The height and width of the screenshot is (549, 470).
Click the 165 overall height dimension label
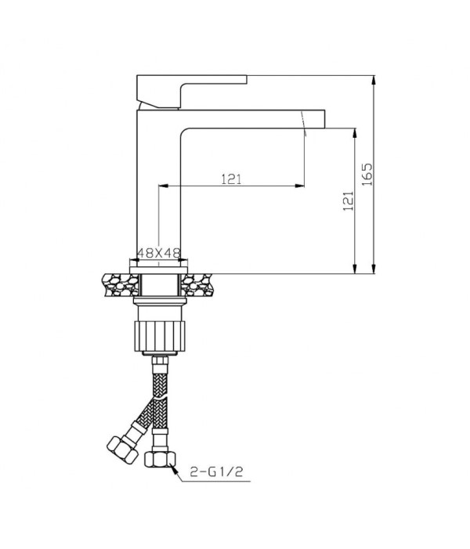click(x=367, y=174)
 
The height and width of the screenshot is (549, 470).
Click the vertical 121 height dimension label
click(x=348, y=200)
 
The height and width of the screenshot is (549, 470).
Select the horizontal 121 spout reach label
click(x=231, y=179)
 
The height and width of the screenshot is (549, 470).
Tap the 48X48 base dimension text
click(x=159, y=253)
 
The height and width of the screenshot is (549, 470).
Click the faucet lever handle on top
click(x=192, y=91)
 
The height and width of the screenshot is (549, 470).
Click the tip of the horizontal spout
click(x=324, y=119)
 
